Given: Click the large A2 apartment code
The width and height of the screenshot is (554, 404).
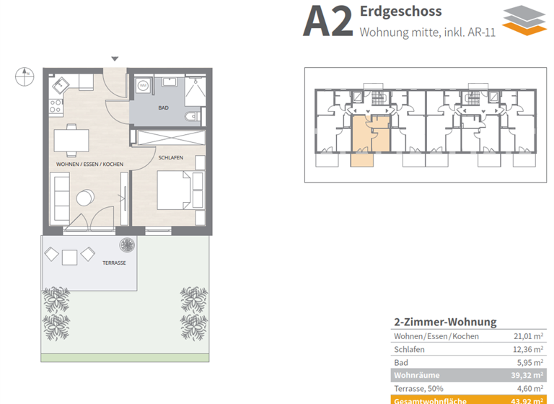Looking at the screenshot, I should click(327, 22).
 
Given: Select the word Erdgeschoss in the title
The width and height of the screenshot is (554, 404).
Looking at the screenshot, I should click(400, 12).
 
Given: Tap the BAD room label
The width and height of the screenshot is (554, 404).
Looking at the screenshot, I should click(164, 108).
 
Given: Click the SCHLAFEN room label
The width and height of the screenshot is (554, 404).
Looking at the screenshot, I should click(170, 157).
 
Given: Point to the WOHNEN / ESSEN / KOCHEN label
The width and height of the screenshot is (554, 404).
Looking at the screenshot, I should click(90, 164).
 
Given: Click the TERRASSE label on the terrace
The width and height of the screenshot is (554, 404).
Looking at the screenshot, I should click(113, 263).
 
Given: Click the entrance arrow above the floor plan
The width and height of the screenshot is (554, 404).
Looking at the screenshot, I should click(115, 59).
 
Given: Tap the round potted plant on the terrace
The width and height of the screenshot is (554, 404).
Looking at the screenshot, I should click(128, 244).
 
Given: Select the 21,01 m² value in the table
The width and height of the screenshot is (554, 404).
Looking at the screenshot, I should click(527, 336).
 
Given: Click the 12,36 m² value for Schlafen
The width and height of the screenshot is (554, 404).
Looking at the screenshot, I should click(527, 349).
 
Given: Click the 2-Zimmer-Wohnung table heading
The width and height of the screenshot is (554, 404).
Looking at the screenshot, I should click(445, 322).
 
